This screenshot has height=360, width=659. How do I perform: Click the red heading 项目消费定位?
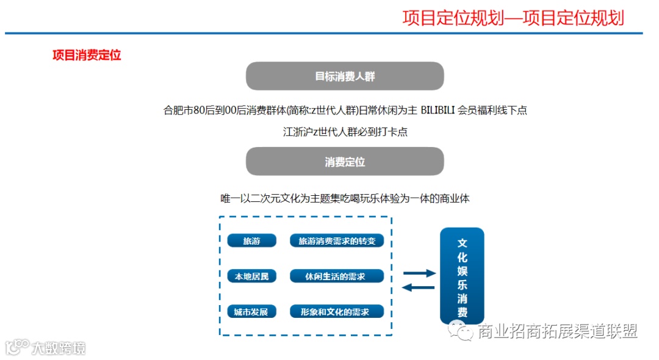point(87,55)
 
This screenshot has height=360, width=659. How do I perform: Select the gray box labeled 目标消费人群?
point(345,76)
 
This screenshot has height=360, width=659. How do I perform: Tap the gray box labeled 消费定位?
point(345,162)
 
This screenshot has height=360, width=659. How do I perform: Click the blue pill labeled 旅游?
point(251,241)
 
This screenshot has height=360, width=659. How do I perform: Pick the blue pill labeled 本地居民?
point(251,276)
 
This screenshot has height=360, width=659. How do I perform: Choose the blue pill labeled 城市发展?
point(251,312)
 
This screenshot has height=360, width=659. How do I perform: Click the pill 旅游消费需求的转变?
point(337,241)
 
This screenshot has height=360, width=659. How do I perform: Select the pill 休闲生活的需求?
point(337,276)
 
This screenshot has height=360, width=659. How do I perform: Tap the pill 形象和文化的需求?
point(337,312)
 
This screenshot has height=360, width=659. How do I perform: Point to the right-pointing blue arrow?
point(419,273)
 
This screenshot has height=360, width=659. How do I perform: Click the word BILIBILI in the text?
point(438,110)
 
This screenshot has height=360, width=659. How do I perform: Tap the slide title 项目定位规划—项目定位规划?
point(513,18)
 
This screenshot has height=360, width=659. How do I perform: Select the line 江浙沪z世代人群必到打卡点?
point(345,132)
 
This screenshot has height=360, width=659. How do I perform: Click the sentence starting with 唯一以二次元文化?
point(345,199)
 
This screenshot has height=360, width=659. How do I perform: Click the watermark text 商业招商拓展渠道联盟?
point(557,331)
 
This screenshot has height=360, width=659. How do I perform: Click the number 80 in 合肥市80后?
point(198,110)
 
